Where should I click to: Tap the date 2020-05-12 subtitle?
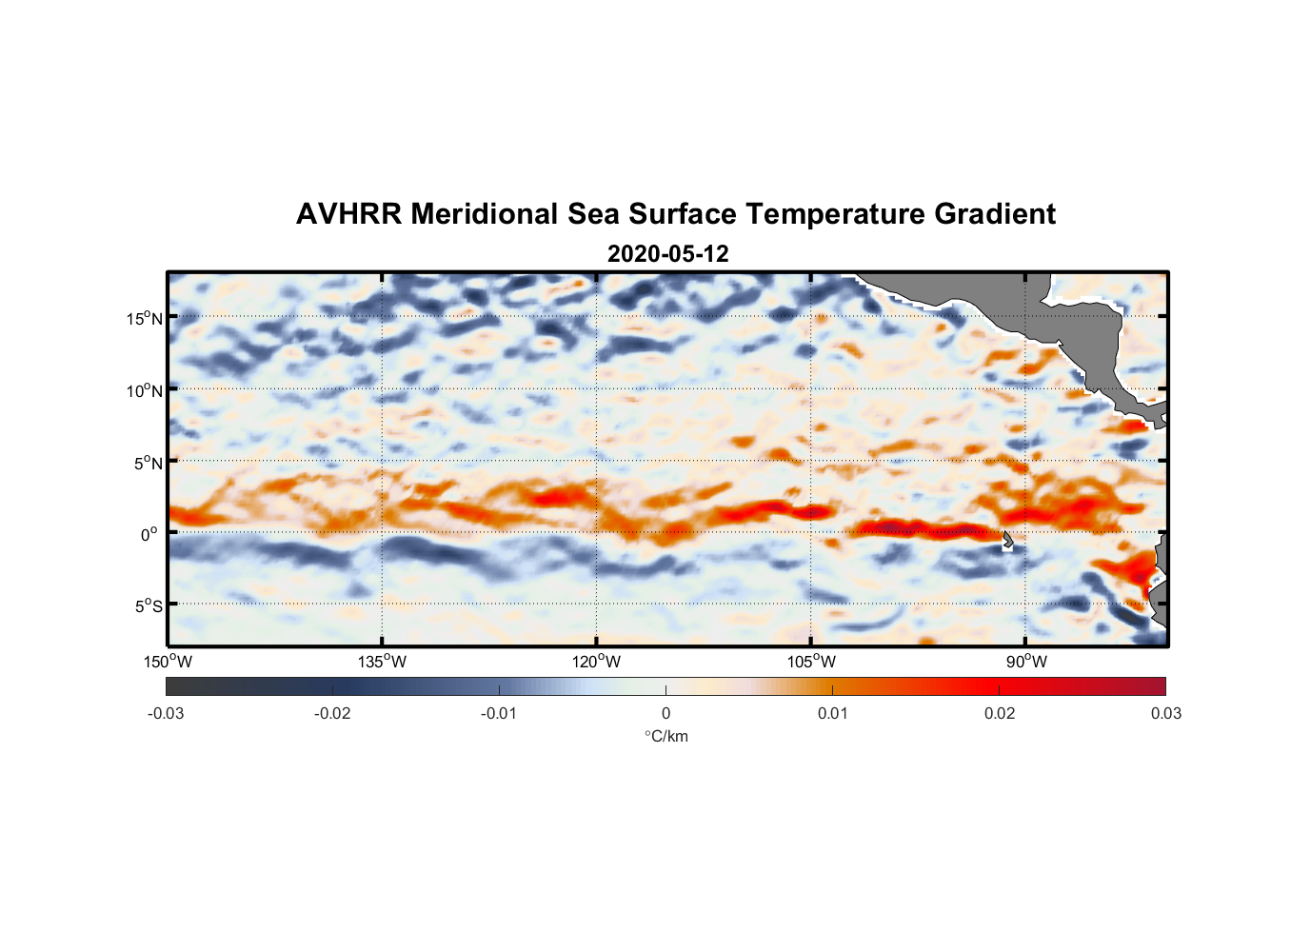point(667,254)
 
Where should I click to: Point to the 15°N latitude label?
point(145,318)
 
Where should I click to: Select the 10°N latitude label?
point(145,390)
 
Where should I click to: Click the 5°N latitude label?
point(148,463)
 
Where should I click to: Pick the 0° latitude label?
point(149,534)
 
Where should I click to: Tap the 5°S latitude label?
point(148,605)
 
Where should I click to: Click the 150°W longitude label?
point(169,662)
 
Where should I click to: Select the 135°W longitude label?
point(383,662)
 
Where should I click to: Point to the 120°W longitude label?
point(597,662)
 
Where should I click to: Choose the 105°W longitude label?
point(811,662)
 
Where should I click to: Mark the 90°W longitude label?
point(1026,662)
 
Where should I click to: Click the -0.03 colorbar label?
point(166,713)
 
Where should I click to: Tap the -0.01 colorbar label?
point(499,713)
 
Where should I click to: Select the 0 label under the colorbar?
point(665,713)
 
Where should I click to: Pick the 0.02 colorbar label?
point(1000,713)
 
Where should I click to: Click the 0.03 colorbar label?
point(1165,713)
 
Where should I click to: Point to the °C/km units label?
point(666,736)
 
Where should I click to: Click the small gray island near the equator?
point(1007,539)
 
